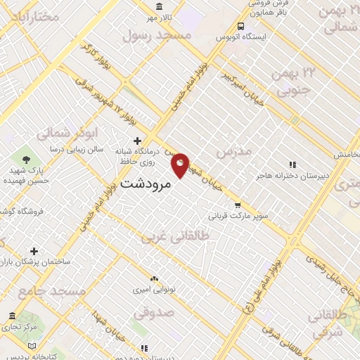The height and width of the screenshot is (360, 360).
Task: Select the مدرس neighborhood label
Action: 233,152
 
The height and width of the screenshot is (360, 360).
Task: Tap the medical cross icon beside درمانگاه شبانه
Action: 137,141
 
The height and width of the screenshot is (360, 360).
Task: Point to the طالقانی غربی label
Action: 172,237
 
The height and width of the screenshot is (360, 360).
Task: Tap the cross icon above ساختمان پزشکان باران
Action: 33,251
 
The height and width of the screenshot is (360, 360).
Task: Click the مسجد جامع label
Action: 52,290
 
